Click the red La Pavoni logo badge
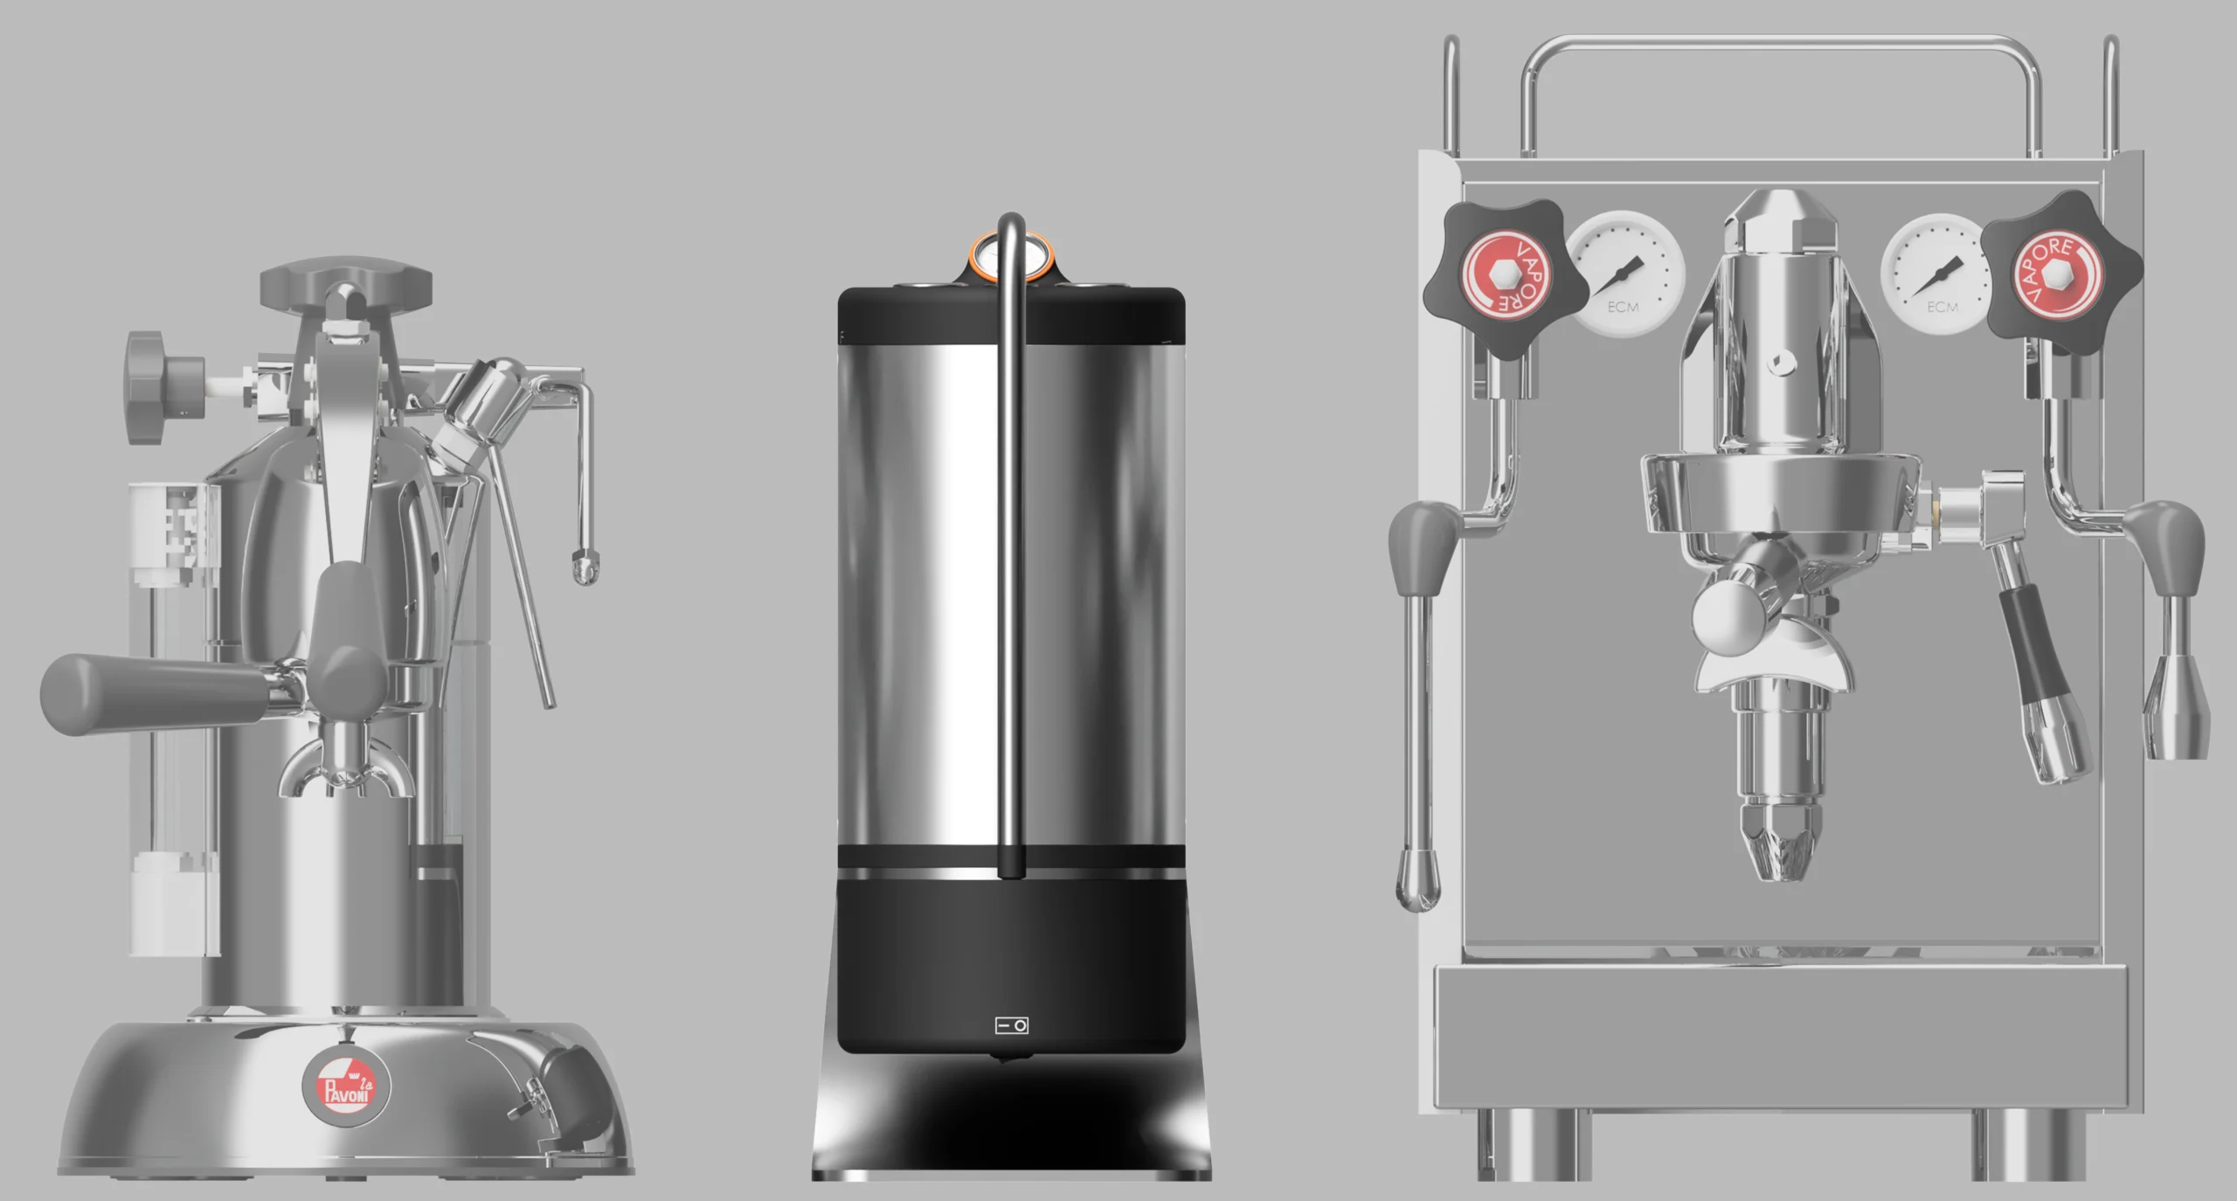(x=346, y=1086)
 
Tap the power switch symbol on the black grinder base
(x=1012, y=1024)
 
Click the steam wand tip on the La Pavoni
(x=585, y=566)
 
